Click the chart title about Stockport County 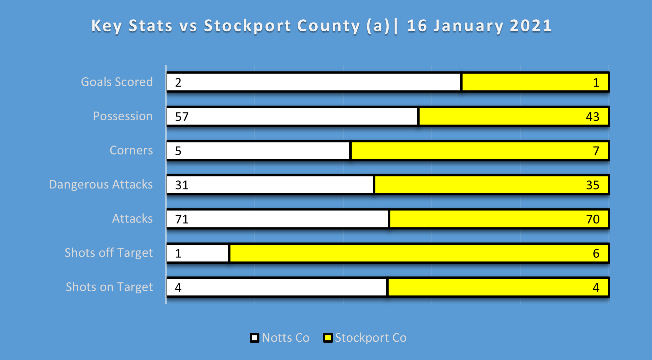click(x=321, y=26)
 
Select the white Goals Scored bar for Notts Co click(x=314, y=82)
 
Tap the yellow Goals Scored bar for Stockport click(x=535, y=82)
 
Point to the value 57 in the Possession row click(x=182, y=117)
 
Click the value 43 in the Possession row click(x=592, y=117)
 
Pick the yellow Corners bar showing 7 click(x=480, y=151)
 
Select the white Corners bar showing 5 click(x=258, y=151)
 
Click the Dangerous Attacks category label click(x=101, y=184)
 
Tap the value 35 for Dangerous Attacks click(x=592, y=185)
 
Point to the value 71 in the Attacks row click(x=182, y=219)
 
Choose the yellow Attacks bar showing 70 click(x=498, y=219)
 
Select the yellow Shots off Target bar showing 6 click(x=419, y=253)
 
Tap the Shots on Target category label click(x=109, y=287)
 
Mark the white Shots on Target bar click(x=277, y=287)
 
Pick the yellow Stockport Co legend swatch click(x=328, y=338)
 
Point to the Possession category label click(x=123, y=116)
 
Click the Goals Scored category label click(x=117, y=82)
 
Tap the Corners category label click(x=131, y=151)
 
